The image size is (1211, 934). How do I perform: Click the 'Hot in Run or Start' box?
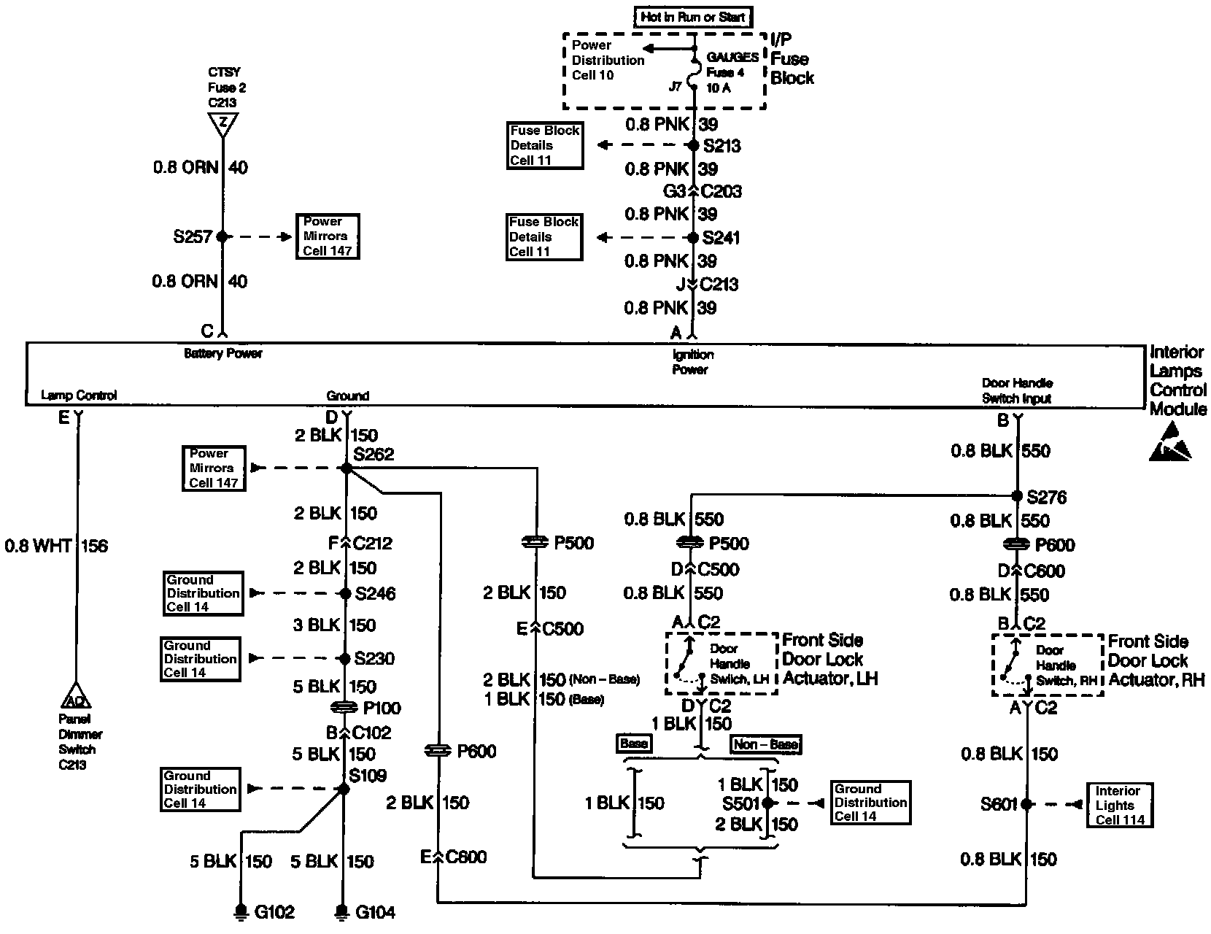coord(693,17)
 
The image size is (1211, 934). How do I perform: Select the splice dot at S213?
coord(694,145)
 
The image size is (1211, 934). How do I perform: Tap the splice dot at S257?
coord(222,236)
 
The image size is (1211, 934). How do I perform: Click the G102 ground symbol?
coord(241,912)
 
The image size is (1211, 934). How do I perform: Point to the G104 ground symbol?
coord(341,912)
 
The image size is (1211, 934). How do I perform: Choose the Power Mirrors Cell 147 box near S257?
coord(328,236)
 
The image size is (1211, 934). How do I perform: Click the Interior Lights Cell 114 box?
coord(1119,805)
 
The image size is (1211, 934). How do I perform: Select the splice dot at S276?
coord(1017,496)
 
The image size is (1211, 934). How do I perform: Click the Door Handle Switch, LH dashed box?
coord(721,663)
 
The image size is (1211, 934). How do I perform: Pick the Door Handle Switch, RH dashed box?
coord(1047,665)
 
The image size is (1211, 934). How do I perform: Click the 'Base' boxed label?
coord(633,744)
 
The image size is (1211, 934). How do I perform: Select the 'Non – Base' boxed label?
coord(765,744)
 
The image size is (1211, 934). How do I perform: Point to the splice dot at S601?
coord(1027,804)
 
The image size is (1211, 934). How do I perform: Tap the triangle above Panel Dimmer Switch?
coord(77,697)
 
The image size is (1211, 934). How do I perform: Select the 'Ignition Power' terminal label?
coord(692,362)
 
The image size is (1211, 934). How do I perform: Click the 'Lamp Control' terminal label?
coord(79,395)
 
